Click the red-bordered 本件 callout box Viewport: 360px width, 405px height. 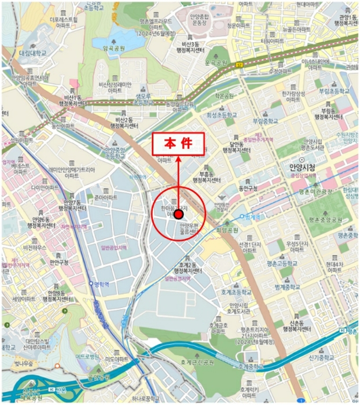(x=178, y=145)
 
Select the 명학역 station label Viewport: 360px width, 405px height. (x=102, y=283)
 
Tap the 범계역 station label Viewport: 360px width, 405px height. (x=254, y=217)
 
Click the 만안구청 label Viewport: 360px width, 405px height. (x=59, y=262)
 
